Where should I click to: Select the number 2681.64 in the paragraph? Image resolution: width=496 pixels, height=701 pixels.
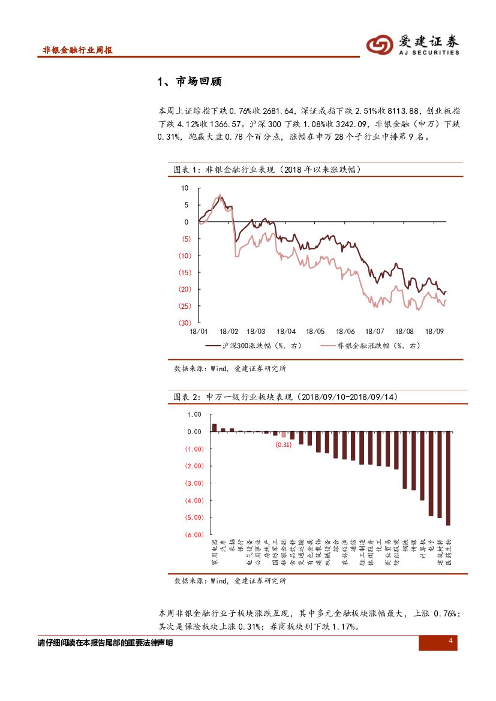point(279,111)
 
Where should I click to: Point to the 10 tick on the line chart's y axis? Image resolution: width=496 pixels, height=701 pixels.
point(185,188)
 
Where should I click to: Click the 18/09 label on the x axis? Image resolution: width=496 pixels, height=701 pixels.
point(434,331)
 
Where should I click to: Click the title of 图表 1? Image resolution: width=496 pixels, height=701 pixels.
point(267,170)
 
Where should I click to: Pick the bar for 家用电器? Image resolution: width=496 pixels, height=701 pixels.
point(214,428)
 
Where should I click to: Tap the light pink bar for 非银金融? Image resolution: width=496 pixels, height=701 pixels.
point(284,435)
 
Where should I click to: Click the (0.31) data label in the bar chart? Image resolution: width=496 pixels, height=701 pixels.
point(283,445)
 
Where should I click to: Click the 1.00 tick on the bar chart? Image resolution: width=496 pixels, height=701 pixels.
point(194,414)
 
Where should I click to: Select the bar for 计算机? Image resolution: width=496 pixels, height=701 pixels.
point(422,466)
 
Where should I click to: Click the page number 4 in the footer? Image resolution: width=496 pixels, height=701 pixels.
point(450,642)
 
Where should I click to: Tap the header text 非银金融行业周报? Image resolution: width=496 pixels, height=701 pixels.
point(77,50)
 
